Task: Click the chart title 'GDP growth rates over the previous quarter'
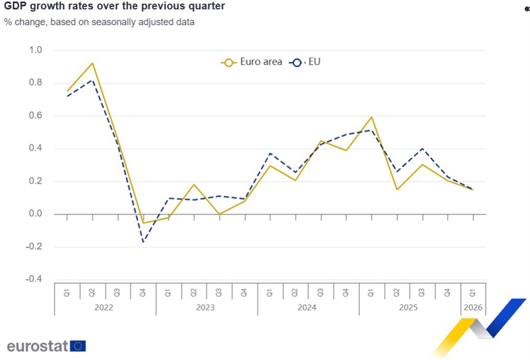114,7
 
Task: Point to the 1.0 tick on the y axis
36,50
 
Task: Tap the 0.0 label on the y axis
36,214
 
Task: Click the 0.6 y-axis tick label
36,115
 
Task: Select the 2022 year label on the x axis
105,308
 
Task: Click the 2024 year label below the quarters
307,308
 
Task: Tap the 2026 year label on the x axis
473,308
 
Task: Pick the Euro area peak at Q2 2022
92,63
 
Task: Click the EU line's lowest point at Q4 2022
143,242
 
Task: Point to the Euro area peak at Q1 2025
372,117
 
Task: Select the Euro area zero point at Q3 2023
220,214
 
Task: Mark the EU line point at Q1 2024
270,153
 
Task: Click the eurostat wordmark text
38,346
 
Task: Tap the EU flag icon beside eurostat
78,346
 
